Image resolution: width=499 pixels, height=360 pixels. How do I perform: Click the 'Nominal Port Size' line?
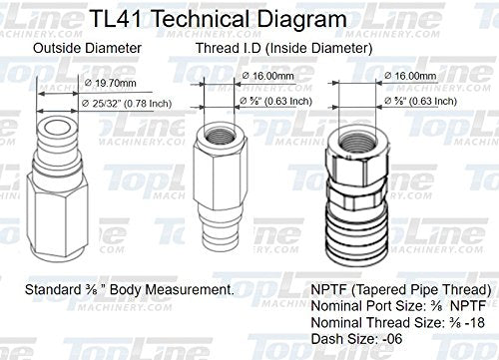[383, 308]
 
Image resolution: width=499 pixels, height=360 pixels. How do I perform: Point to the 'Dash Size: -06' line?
[347, 342]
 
